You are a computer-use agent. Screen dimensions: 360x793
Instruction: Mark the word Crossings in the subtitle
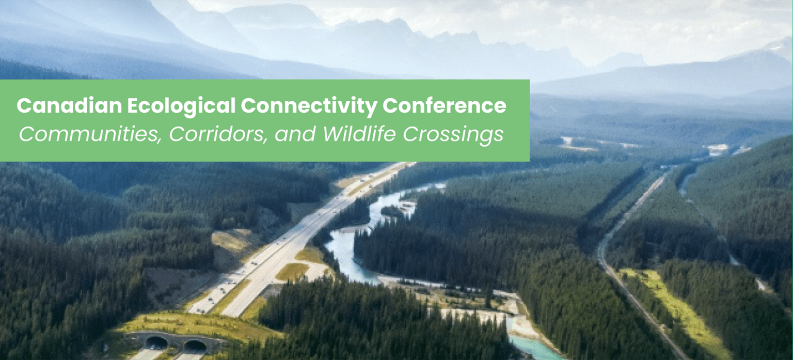click(453, 134)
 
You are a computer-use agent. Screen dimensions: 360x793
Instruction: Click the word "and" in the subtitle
click(296, 134)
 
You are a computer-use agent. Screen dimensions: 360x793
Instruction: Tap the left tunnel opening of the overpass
click(156, 342)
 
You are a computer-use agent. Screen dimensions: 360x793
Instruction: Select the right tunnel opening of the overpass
click(195, 345)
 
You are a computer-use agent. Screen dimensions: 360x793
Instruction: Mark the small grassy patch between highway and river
click(292, 272)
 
